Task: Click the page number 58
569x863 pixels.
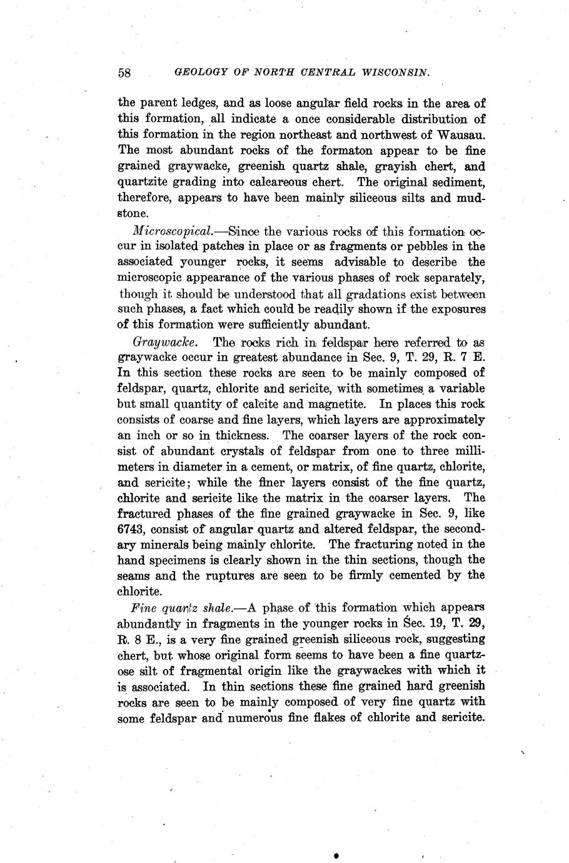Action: coord(124,73)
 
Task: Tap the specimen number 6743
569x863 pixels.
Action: coord(132,528)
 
